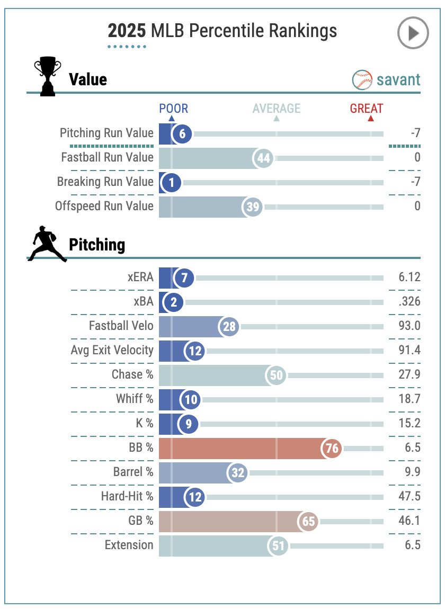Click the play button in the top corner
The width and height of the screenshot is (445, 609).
click(x=413, y=33)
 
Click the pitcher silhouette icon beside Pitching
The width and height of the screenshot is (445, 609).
click(x=46, y=244)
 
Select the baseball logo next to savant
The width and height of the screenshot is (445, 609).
click(x=362, y=80)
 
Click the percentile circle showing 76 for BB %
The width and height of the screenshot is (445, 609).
click(x=332, y=448)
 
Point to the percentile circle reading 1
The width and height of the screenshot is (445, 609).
click(x=171, y=183)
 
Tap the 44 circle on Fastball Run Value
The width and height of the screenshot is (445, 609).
click(x=263, y=158)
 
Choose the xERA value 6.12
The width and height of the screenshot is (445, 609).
click(x=409, y=277)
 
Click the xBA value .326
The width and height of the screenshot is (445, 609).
click(x=410, y=301)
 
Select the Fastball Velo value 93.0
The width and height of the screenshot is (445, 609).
click(x=410, y=326)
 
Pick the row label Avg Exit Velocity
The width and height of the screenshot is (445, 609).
click(x=112, y=350)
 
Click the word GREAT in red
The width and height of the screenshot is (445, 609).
click(x=366, y=109)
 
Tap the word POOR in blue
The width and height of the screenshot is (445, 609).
click(x=174, y=109)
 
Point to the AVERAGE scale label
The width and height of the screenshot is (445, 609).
click(x=277, y=109)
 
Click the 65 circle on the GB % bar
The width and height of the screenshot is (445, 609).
click(x=308, y=521)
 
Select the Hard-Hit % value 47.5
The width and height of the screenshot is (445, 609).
click(x=410, y=496)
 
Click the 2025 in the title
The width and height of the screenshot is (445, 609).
click(x=127, y=31)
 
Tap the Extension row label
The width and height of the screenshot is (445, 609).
click(x=129, y=545)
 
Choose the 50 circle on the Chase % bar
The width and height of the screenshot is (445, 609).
click(x=277, y=375)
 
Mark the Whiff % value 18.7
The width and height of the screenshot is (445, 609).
click(x=410, y=399)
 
